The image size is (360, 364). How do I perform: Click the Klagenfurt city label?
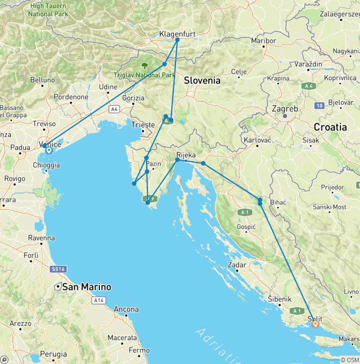click(177, 34)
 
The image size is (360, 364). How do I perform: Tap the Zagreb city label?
click(285, 109)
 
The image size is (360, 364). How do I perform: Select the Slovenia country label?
click(202, 80)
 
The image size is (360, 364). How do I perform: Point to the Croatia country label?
click(330, 127)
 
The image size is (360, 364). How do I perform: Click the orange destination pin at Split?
click(315, 324)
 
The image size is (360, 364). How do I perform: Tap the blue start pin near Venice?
click(48, 150)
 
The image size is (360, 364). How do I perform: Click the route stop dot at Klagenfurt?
click(177, 40)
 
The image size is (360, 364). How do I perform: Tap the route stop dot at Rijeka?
click(177, 160)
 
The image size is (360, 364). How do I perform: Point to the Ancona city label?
click(126, 309)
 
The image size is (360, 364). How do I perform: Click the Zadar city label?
click(237, 265)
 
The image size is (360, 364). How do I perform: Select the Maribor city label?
click(263, 41)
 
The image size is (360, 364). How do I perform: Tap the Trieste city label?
click(143, 125)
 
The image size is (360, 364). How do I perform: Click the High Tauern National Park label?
click(48, 10)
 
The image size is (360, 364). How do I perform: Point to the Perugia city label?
click(49, 354)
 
